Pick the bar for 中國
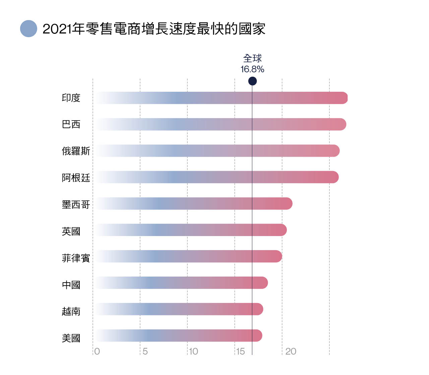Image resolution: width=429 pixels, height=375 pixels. pos(181,283)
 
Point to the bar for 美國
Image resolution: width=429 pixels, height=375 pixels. pos(178,335)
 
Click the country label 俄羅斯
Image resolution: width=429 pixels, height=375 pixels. pos(76,151)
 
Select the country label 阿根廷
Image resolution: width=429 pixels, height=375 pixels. pos(76,177)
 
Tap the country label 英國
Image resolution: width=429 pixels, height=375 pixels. pos(71,231)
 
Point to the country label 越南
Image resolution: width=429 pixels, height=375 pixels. pos(71,311)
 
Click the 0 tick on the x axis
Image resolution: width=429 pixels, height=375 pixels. pos(97,351)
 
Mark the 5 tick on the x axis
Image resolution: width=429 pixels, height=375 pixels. pos(145,351)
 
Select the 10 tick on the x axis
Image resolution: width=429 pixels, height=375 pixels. pos(193,351)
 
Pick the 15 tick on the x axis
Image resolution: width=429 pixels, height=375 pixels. pos(240,351)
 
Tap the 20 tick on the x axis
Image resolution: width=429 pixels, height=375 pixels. pos(291,351)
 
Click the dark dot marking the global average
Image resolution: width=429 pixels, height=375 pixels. pos(252,81)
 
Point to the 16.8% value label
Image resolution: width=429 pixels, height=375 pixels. pos(252,69)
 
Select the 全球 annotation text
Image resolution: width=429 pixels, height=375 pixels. pos(252,59)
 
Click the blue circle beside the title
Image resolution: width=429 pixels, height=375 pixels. pos(28,29)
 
